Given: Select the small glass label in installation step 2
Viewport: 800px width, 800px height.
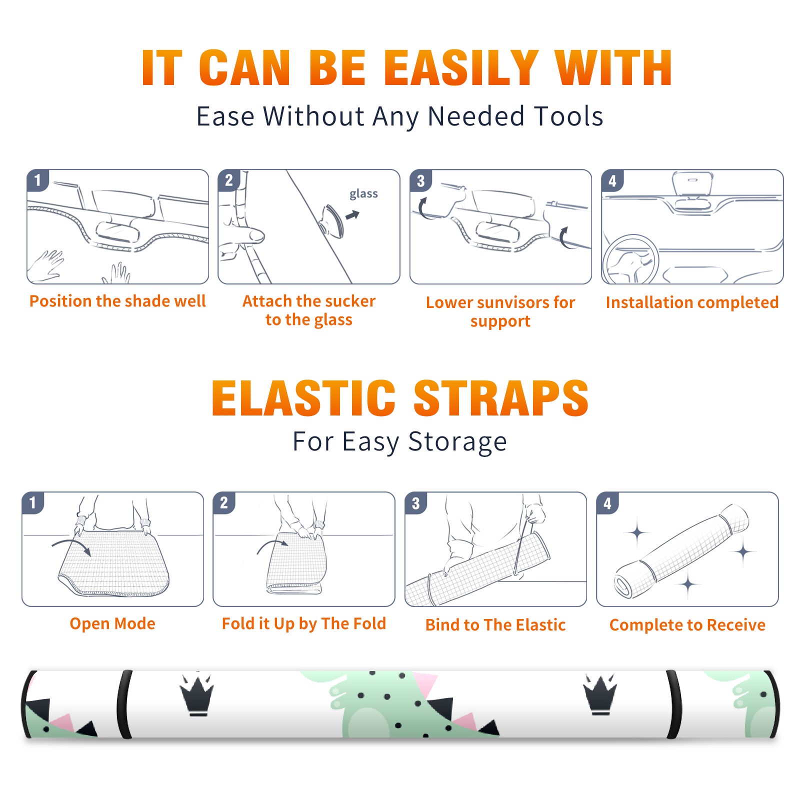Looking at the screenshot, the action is click(x=363, y=194).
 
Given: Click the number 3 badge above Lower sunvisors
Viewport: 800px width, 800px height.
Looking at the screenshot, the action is click(x=421, y=180).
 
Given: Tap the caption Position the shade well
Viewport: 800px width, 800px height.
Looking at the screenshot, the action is click(x=117, y=301).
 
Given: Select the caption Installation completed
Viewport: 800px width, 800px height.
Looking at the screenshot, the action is click(x=692, y=302).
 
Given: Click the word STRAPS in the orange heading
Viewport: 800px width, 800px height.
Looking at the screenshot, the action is click(x=501, y=398).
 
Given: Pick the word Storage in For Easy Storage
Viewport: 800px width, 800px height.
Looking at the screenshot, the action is click(x=457, y=442).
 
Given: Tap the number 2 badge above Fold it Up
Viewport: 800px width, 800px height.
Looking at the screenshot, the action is click(x=224, y=502).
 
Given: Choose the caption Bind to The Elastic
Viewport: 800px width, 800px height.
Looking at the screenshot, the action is click(x=495, y=625).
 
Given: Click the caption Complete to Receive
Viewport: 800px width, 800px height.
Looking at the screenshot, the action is click(x=687, y=625).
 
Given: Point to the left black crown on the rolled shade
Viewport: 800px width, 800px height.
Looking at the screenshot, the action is click(x=197, y=695).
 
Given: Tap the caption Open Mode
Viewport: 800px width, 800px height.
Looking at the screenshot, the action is click(x=112, y=623).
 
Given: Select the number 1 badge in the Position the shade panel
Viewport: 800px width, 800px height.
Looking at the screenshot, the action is click(x=37, y=180).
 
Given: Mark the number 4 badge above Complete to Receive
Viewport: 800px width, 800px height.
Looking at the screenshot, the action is click(x=607, y=503).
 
